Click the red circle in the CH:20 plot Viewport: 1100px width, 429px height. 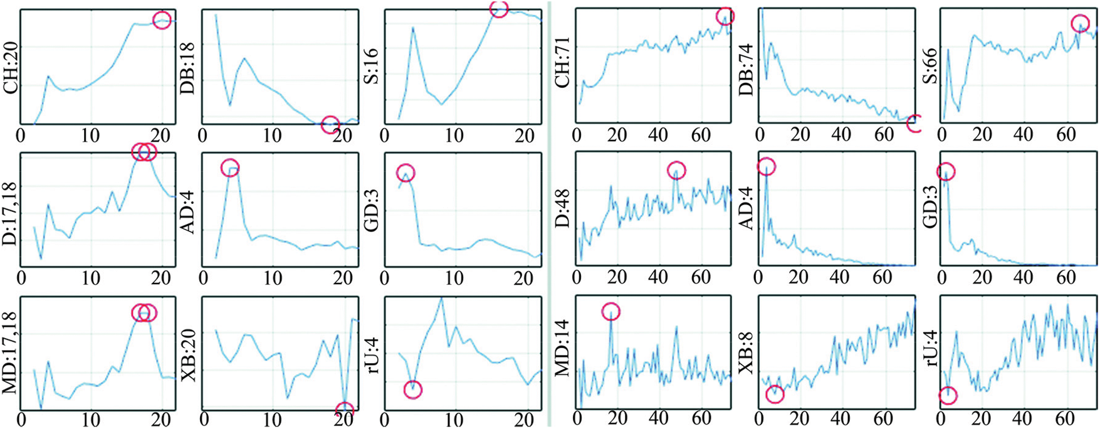tap(162, 21)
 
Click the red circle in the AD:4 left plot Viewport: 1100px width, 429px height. tap(231, 168)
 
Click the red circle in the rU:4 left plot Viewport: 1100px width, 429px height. tap(413, 389)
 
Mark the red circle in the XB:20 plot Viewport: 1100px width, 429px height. tap(345, 411)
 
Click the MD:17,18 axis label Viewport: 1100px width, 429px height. tap(11, 353)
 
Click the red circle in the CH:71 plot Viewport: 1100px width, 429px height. tap(725, 16)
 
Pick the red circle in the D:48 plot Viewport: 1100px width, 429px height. tap(676, 170)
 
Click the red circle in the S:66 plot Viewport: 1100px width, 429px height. tap(1080, 24)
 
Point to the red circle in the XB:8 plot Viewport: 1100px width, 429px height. tap(775, 394)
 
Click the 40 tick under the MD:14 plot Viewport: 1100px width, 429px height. tap(657, 418)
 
